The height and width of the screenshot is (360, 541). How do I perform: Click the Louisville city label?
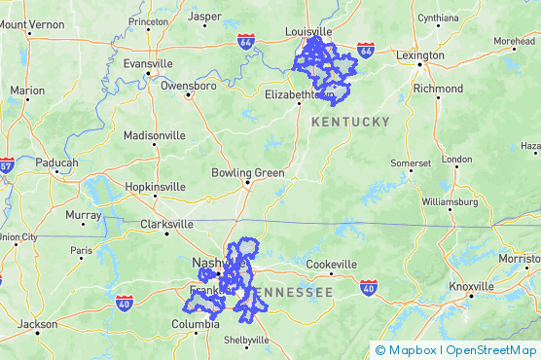[x=308, y=31]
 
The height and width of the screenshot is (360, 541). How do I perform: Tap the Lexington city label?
[x=420, y=55]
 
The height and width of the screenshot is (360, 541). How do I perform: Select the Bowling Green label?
[x=248, y=173]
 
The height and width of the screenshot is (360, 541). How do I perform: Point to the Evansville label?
[x=148, y=63]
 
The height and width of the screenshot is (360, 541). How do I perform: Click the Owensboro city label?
[x=189, y=86]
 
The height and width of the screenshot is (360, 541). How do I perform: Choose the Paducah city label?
[x=56, y=162]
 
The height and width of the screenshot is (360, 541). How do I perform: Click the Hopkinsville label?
[x=155, y=187]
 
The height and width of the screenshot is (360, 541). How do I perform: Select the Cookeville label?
[x=332, y=265]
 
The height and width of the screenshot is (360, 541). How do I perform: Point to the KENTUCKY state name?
[x=350, y=122]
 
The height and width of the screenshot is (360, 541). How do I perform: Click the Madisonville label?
[x=154, y=134]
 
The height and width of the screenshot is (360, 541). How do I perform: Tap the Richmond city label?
[x=438, y=88]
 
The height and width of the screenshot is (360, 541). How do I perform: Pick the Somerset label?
[x=411, y=162]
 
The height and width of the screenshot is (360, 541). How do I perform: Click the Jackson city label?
[x=38, y=324]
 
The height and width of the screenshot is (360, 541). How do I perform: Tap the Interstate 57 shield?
[x=5, y=164]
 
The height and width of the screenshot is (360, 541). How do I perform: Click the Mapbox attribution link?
[x=408, y=350]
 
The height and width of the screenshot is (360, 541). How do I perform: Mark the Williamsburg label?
[x=451, y=202]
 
